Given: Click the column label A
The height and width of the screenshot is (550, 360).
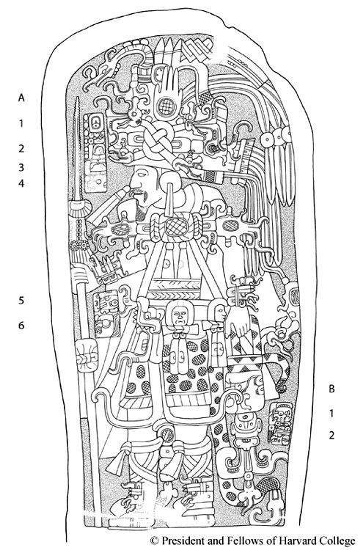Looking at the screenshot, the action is (21, 98).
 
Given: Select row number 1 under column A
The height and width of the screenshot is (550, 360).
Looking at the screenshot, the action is (21, 123).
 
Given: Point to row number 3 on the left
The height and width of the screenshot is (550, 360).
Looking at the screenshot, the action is (21, 167).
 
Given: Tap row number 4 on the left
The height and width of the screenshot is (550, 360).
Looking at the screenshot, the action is (21, 183).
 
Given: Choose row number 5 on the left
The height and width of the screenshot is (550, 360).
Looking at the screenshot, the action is (21, 301).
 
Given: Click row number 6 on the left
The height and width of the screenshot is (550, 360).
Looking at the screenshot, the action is (21, 326).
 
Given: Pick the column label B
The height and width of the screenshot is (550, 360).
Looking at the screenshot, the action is (331, 389).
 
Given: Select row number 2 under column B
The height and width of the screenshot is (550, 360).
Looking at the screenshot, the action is (331, 436).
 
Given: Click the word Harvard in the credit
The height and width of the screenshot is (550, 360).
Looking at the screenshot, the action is (285, 540).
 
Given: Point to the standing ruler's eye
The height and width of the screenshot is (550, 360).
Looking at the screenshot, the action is (141, 174).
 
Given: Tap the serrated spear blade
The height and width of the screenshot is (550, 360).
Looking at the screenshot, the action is (78, 147).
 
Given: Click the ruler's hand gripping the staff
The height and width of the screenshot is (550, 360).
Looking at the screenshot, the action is (81, 274).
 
